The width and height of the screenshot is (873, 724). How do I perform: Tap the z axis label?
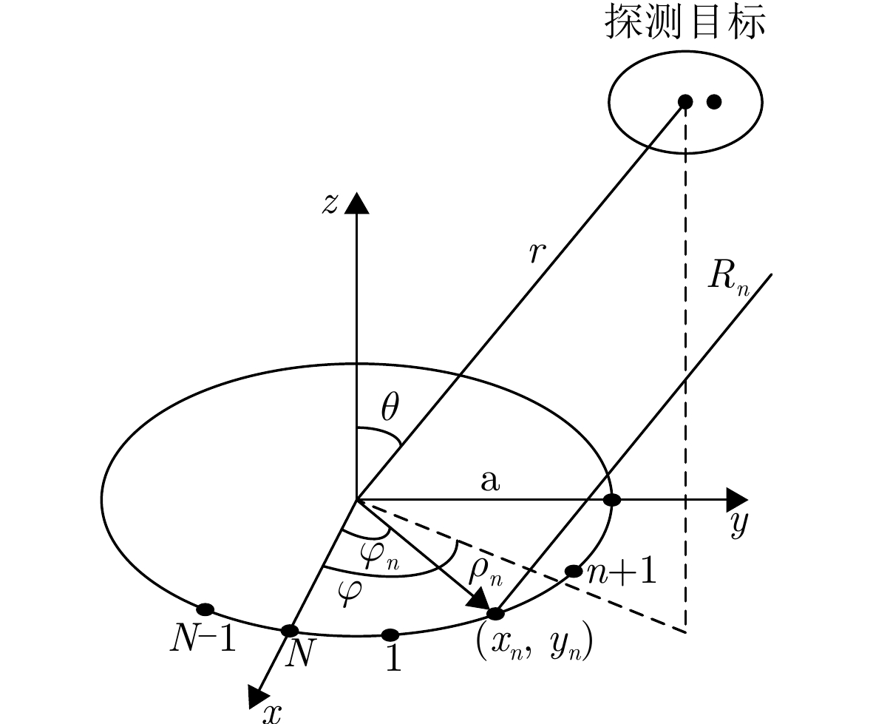(x=329, y=203)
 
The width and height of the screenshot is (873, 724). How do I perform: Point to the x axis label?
(x=274, y=711)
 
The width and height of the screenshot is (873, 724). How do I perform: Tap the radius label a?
(x=489, y=482)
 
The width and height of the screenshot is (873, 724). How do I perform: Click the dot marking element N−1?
(x=205, y=609)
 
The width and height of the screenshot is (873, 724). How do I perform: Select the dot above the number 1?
(x=391, y=635)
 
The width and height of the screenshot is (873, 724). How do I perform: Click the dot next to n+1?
(x=574, y=571)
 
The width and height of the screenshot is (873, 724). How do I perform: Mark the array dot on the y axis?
(x=612, y=500)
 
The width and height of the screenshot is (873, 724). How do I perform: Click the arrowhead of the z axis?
(x=357, y=202)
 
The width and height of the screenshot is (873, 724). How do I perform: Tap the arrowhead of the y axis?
(x=736, y=499)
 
